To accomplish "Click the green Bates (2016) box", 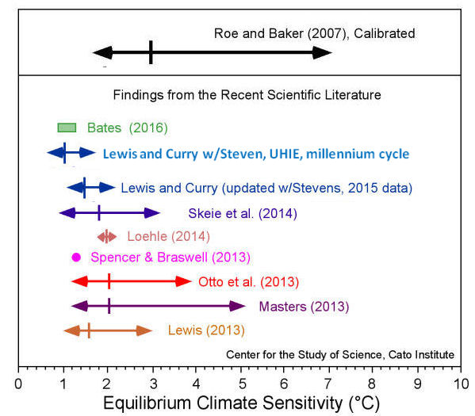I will (x=67, y=128).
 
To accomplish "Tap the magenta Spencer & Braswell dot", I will (x=76, y=257).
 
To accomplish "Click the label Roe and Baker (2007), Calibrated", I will (x=315, y=33).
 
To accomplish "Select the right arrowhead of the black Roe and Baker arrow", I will (x=323, y=53).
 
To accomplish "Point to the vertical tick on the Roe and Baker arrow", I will (x=151, y=53).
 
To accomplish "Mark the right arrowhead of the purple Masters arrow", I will (x=237, y=306).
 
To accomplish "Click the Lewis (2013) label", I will (x=206, y=330).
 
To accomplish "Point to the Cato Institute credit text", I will (x=340, y=354).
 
